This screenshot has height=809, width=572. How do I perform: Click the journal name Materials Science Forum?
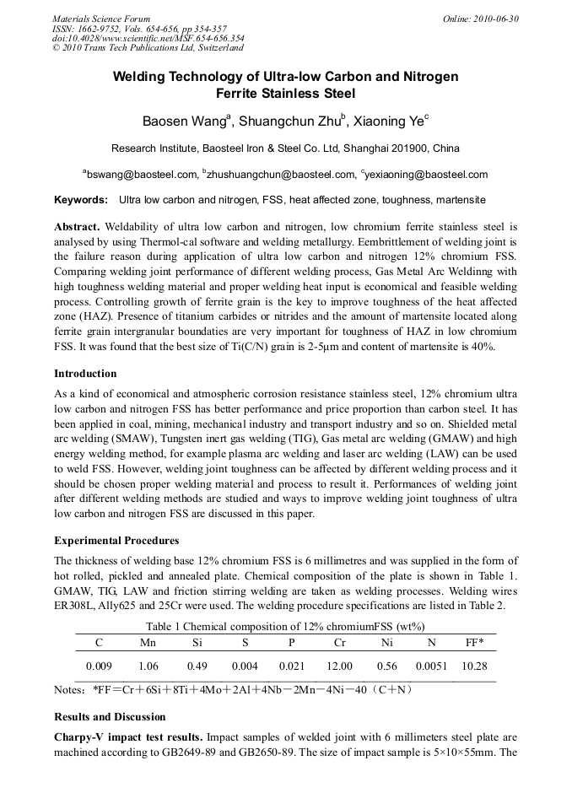click(x=101, y=19)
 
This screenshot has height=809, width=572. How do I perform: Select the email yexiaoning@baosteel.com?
click(x=414, y=175)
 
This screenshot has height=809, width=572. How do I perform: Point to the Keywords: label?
click(x=81, y=200)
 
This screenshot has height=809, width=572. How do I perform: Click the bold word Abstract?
click(x=77, y=227)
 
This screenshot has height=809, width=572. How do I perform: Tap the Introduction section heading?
click(x=85, y=373)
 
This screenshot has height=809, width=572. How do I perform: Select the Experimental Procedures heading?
click(x=116, y=540)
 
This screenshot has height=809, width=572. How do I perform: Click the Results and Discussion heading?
click(x=110, y=716)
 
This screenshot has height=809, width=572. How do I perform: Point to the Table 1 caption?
click(x=285, y=627)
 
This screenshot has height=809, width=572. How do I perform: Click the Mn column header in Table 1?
click(x=147, y=642)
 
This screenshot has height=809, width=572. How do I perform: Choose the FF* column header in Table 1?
click(x=474, y=642)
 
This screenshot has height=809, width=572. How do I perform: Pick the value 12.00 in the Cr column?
click(x=340, y=666)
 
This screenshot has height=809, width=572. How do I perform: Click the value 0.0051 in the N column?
click(x=429, y=666)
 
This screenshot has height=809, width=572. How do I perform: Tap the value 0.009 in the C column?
click(x=99, y=666)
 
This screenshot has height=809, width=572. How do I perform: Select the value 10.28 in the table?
click(x=475, y=666)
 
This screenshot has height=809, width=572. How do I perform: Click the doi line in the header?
click(x=148, y=38)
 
